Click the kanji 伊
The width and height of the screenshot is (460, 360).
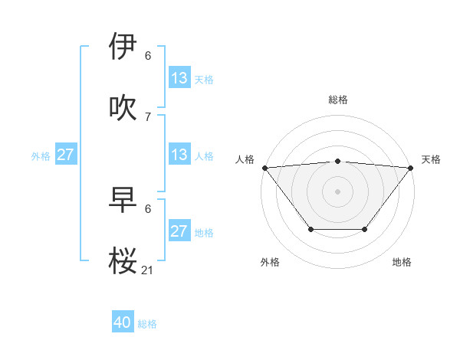pyautogui.click(x=123, y=47)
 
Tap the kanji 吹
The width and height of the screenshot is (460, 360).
pyautogui.click(x=123, y=107)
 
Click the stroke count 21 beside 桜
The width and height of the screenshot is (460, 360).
pyautogui.click(x=148, y=270)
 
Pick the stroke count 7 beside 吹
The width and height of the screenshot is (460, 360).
pyautogui.click(x=148, y=116)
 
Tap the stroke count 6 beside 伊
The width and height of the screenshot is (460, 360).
pyautogui.click(x=148, y=56)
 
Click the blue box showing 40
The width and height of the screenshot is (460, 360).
pyautogui.click(x=123, y=322)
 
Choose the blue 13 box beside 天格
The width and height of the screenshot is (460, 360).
pyautogui.click(x=179, y=78)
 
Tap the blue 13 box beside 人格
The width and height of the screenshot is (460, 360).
pyautogui.click(x=179, y=155)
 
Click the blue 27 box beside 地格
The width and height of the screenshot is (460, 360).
pyautogui.click(x=179, y=231)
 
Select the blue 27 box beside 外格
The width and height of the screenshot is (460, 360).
pyautogui.click(x=66, y=155)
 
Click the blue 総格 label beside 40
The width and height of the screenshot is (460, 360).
pyautogui.click(x=147, y=324)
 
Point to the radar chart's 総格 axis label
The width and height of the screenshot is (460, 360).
pyautogui.click(x=338, y=100)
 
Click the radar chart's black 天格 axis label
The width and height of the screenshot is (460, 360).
pyautogui.click(x=431, y=159)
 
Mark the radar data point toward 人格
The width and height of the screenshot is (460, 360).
pyautogui.click(x=264, y=167)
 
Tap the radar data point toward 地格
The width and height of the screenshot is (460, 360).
pyautogui.click(x=365, y=229)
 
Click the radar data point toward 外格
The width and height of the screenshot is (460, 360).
pyautogui.click(x=310, y=229)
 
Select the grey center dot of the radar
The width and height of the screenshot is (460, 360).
pyautogui.click(x=337, y=191)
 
